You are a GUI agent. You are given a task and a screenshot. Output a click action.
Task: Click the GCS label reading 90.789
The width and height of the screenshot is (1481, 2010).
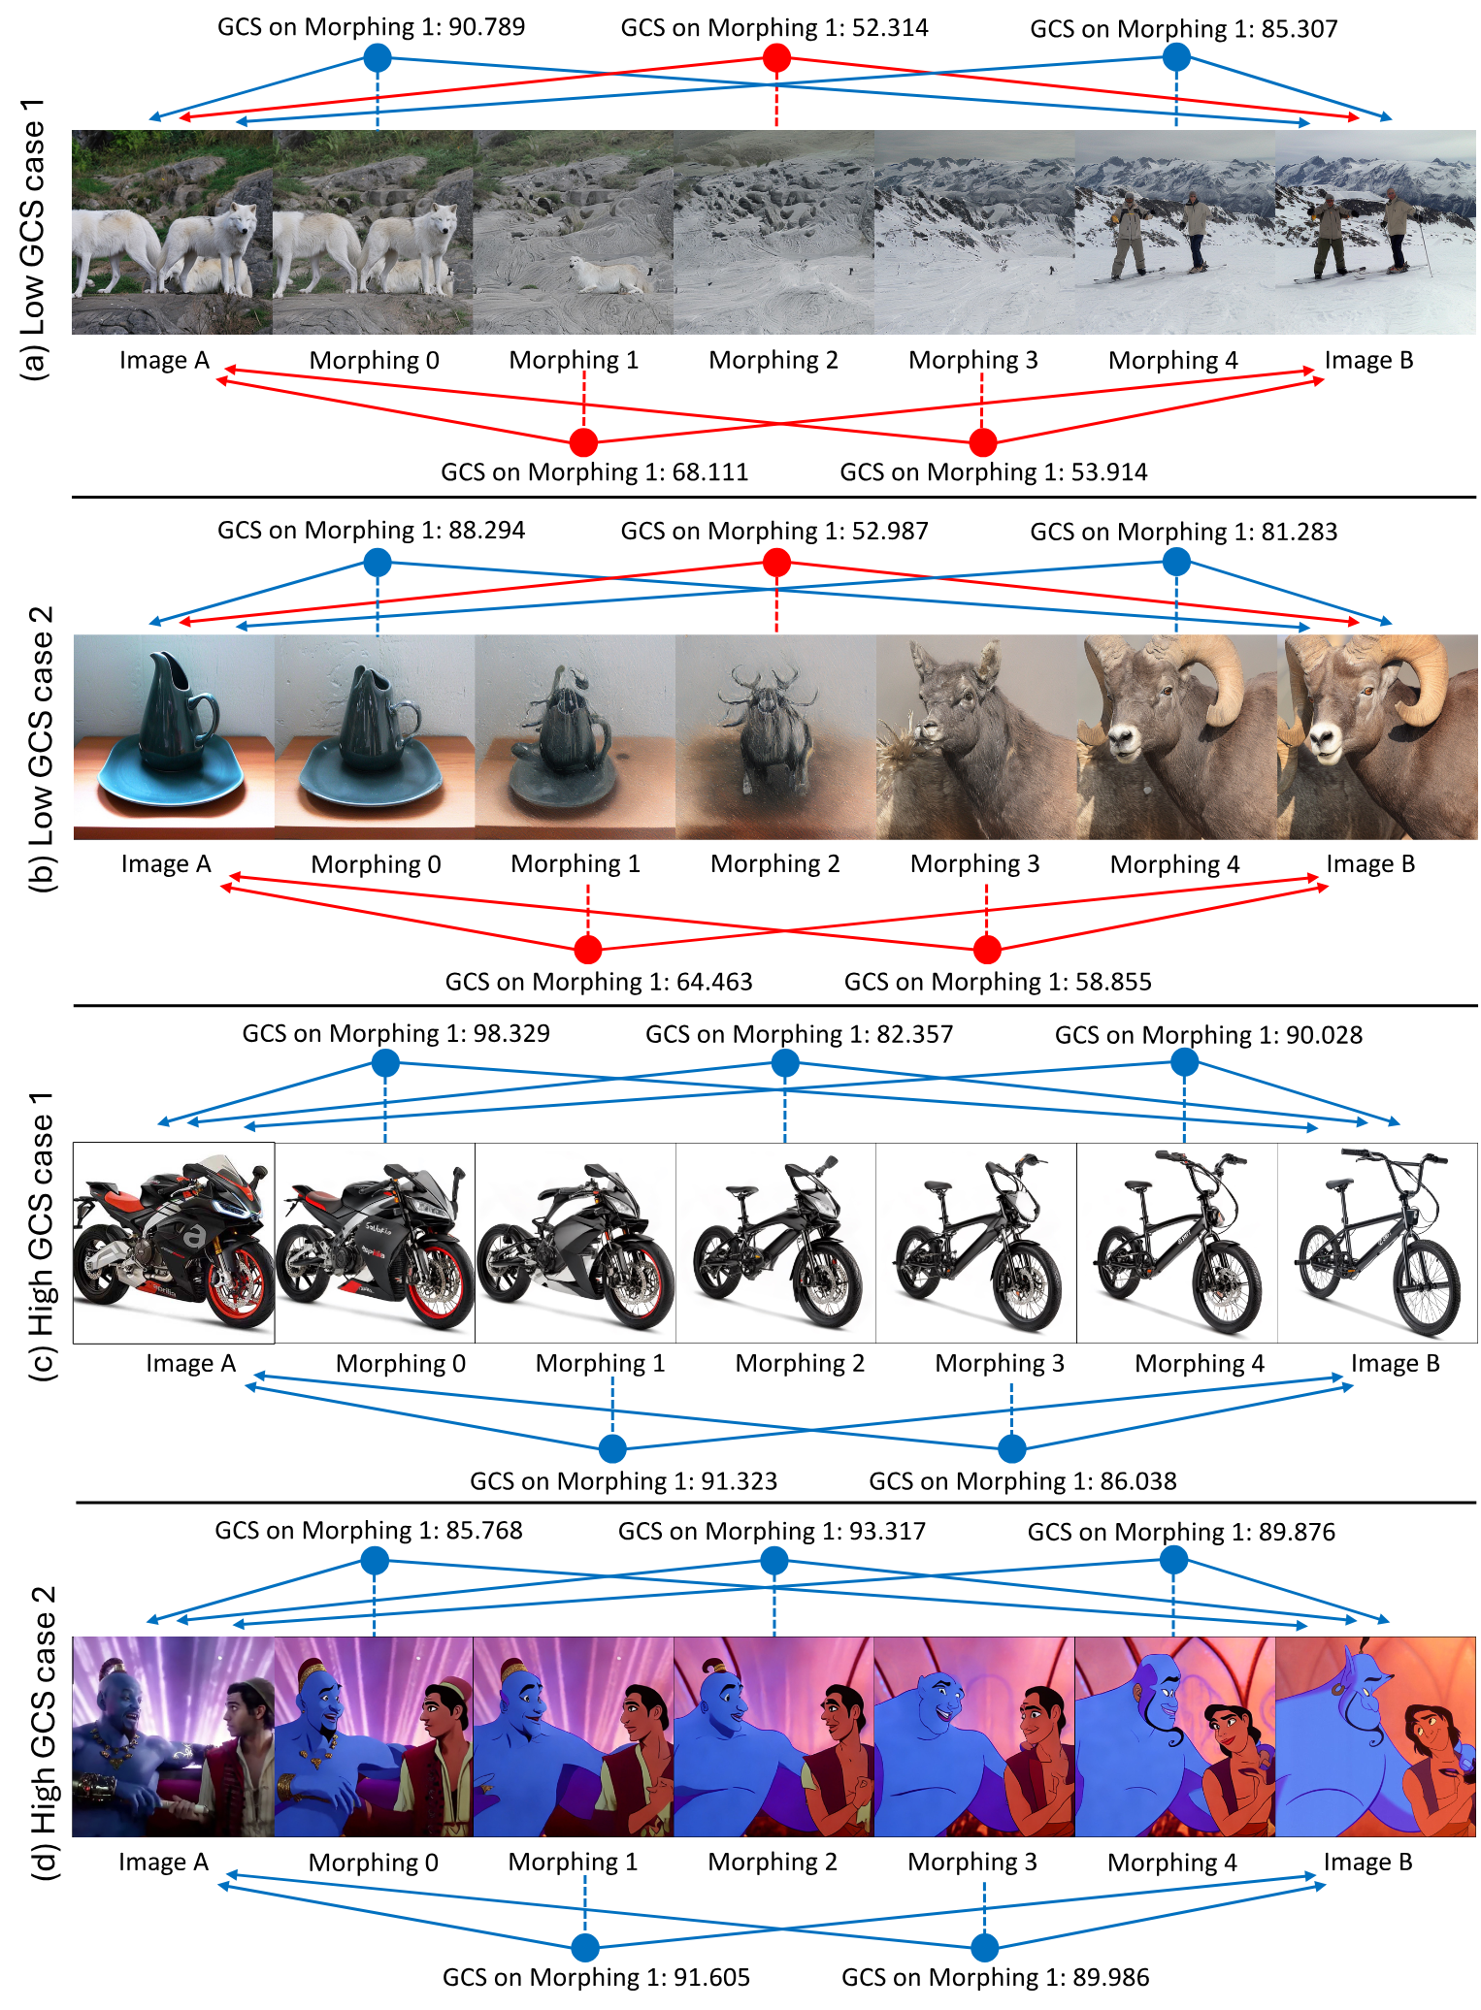pos(371,26)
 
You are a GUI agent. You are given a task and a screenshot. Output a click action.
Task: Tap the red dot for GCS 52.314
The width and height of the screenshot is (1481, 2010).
pos(776,58)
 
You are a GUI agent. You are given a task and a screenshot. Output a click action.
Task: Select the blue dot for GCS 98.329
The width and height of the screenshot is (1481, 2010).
pos(385,1063)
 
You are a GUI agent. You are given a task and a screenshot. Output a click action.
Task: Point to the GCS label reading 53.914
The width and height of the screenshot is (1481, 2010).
pos(994,472)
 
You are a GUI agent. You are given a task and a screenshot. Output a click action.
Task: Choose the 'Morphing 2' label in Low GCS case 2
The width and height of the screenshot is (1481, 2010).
pos(775,863)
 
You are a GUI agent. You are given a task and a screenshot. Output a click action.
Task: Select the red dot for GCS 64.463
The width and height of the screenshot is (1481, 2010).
pos(587,949)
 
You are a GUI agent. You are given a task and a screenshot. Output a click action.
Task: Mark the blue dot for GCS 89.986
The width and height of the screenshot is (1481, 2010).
pos(984,1947)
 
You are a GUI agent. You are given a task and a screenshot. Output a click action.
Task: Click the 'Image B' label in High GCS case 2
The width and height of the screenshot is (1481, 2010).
pos(1368,1862)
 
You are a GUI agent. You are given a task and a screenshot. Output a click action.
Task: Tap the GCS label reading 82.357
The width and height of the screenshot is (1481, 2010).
pos(800,1034)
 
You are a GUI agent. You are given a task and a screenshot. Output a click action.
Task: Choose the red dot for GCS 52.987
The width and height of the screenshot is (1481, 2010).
pos(776,562)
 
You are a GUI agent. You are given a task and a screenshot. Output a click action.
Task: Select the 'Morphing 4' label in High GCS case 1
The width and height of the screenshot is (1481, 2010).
pos(1200,1363)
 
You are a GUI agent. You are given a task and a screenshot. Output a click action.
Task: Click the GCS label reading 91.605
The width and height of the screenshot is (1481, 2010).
pos(596,1977)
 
